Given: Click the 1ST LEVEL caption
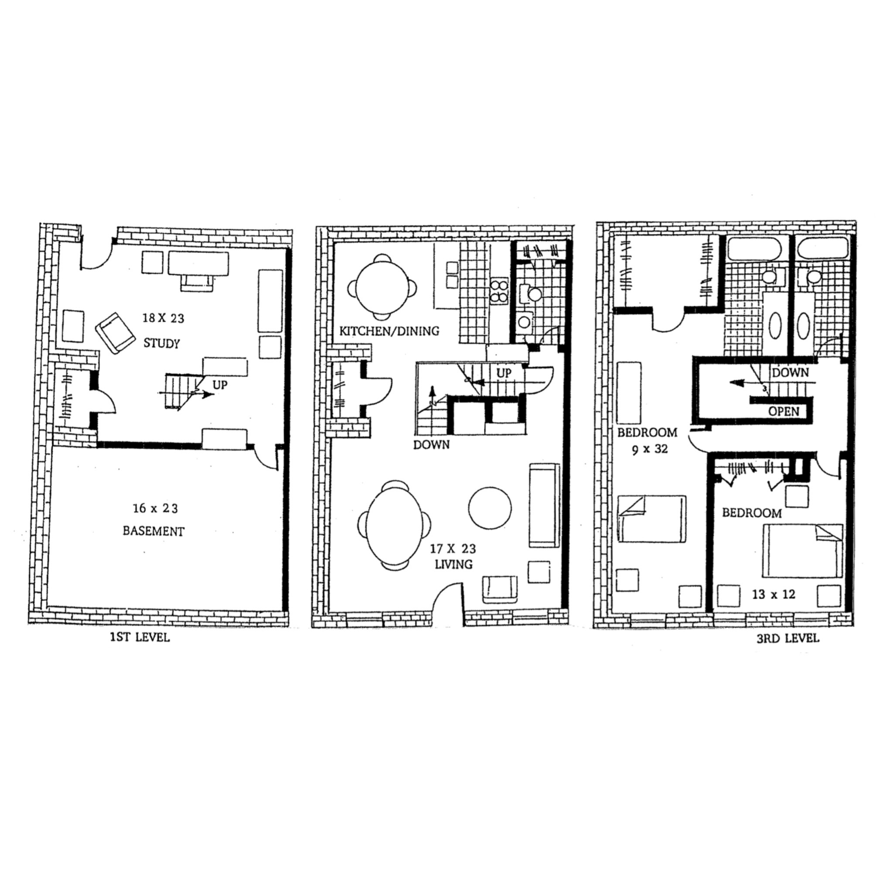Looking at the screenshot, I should coord(140,637).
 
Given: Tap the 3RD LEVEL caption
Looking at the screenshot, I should coord(787,638).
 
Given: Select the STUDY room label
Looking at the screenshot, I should coord(161,343).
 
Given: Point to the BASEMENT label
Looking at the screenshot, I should coord(153,531).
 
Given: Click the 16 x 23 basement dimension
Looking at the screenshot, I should coord(155,508).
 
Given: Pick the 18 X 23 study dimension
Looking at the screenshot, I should coord(163,318).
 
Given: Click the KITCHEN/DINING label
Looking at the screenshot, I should coord(389,331).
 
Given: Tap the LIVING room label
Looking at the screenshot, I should coord(453,564).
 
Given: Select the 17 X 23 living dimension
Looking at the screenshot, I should coord(453,549).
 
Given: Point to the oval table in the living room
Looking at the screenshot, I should coord(395,524).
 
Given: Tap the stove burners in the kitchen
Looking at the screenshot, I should coord(499,291).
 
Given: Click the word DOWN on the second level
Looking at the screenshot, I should coord(431,445).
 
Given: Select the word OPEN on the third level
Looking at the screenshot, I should coord(784,411).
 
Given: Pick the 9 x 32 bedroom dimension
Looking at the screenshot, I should coord(650,449).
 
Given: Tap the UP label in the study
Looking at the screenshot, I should coord(220,385).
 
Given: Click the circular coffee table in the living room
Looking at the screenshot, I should coord(490,508).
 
